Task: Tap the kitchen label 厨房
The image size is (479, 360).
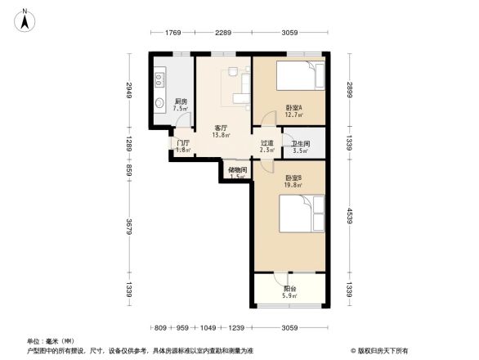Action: pyautogui.click(x=181, y=101)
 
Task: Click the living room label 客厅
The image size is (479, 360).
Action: pyautogui.click(x=222, y=128)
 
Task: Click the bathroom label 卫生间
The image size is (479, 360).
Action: pyautogui.click(x=300, y=144)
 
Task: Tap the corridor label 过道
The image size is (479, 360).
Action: pyautogui.click(x=267, y=144)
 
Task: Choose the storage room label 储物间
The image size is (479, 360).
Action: pyautogui.click(x=237, y=170)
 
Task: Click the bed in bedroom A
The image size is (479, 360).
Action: pyautogui.click(x=298, y=78)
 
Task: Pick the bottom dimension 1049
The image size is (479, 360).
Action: pyautogui.click(x=210, y=327)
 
